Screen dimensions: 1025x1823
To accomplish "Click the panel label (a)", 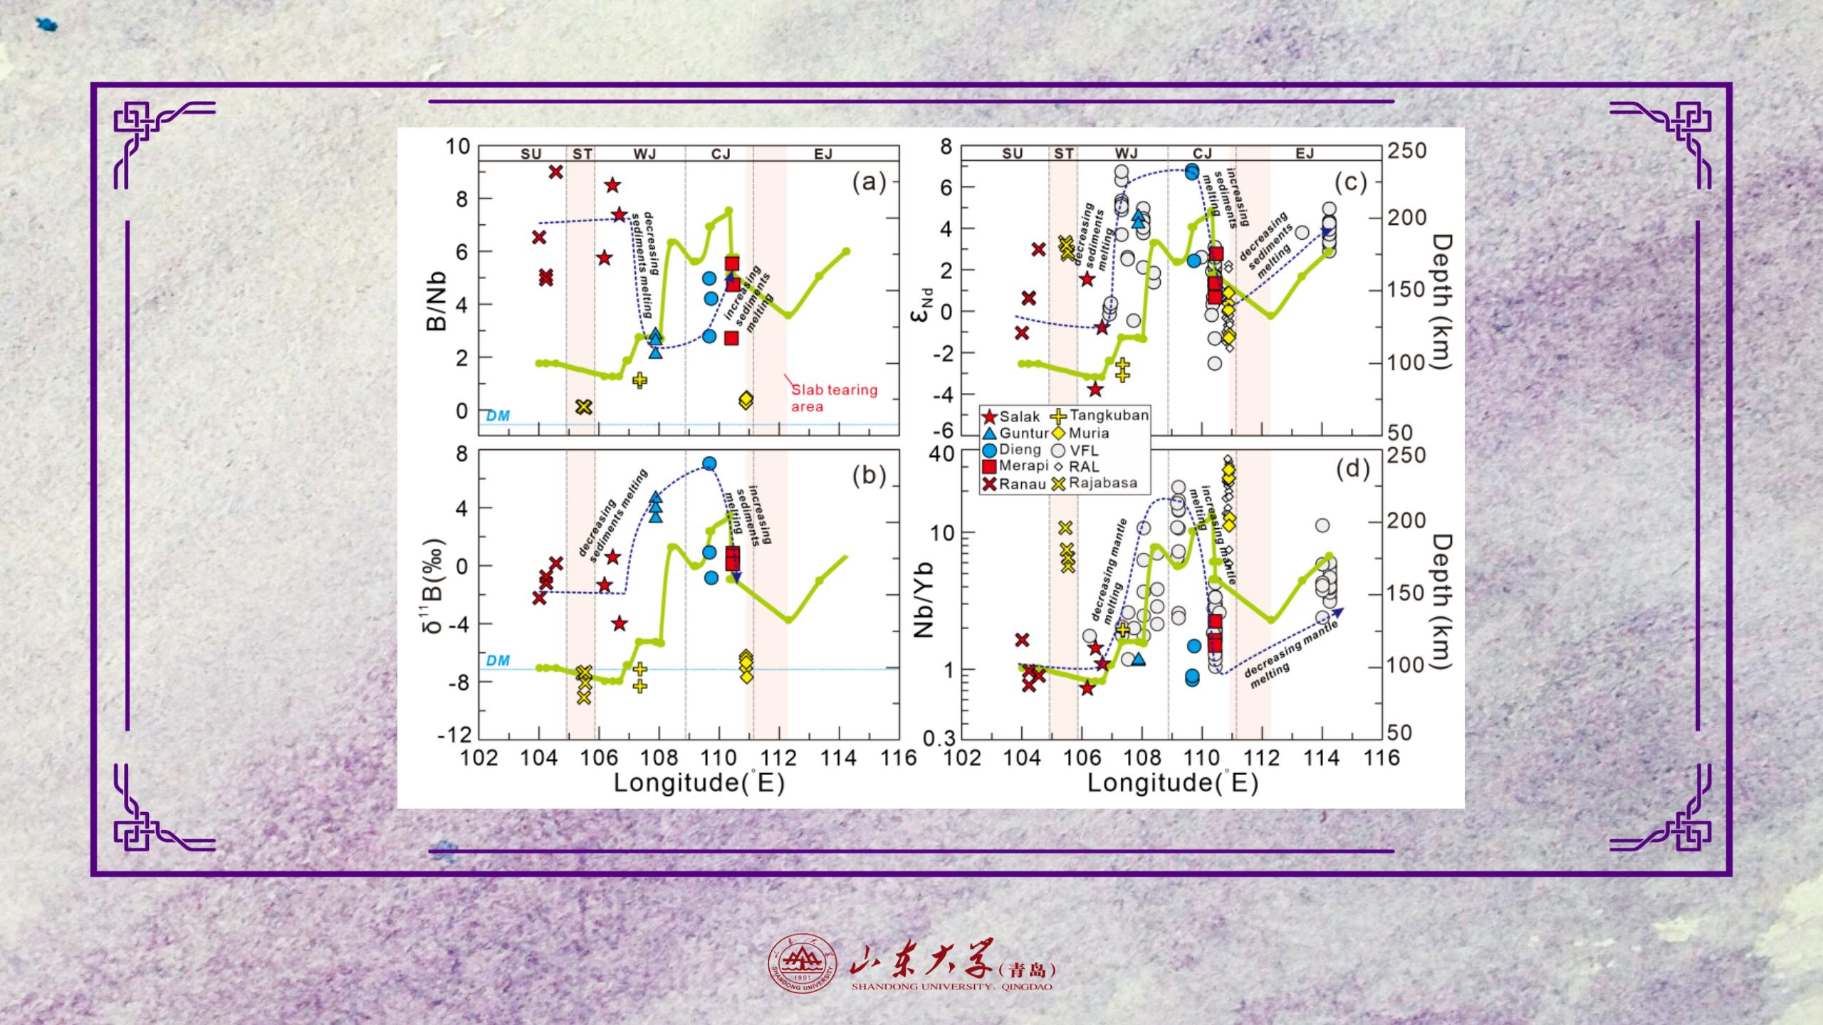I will click(869, 183).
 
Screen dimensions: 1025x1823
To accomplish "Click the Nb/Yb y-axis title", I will click(923, 598).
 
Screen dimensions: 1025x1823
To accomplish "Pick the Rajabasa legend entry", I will click(1093, 483).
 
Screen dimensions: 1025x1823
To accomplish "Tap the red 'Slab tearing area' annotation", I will click(833, 398).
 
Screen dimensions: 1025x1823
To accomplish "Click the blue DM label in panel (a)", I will click(498, 416).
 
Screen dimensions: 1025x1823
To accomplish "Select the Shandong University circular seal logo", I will click(802, 969).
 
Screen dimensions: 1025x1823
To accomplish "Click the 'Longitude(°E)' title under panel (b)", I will click(699, 783).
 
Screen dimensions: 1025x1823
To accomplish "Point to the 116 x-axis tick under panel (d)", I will click(1381, 757).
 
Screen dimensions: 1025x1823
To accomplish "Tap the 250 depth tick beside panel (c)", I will click(1407, 151).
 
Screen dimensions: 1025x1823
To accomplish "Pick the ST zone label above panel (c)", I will click(1063, 154).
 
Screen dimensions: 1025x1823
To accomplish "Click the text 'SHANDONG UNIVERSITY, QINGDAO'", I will click(951, 987).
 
